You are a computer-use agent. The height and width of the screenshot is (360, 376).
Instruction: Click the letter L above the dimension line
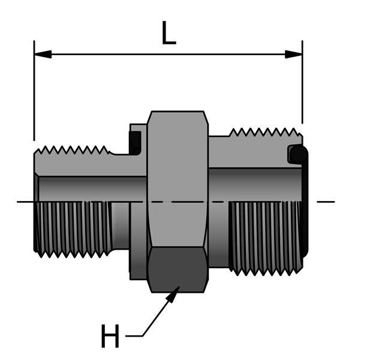[x=169, y=35]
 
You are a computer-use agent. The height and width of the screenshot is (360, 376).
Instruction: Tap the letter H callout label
[x=110, y=337]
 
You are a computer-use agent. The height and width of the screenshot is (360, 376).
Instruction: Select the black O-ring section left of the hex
[x=136, y=143]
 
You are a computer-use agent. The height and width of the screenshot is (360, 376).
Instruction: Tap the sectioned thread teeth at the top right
[x=264, y=133]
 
